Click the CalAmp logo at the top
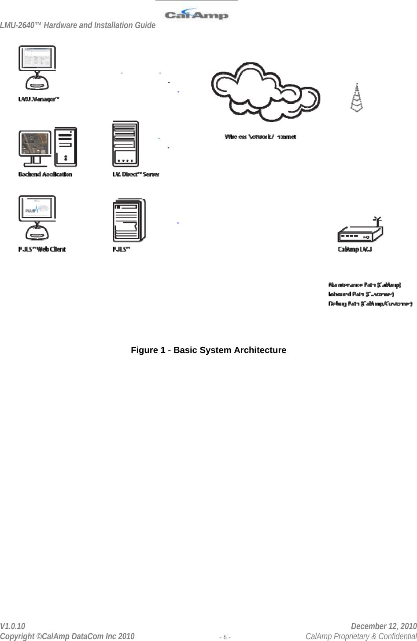(196, 15)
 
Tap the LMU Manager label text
(39, 99)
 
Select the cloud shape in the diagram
(266, 92)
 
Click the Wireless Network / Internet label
(260, 137)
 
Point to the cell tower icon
(357, 98)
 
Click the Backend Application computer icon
(48, 147)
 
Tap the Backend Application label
(45, 175)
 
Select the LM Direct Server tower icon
(126, 144)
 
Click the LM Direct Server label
(136, 175)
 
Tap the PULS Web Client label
(42, 249)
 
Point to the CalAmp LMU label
(355, 249)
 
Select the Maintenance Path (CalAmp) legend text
(365, 285)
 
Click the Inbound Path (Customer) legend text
(361, 294)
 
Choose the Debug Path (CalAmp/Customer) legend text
(370, 304)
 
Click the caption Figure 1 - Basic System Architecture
(208, 350)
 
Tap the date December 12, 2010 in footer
(384, 626)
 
